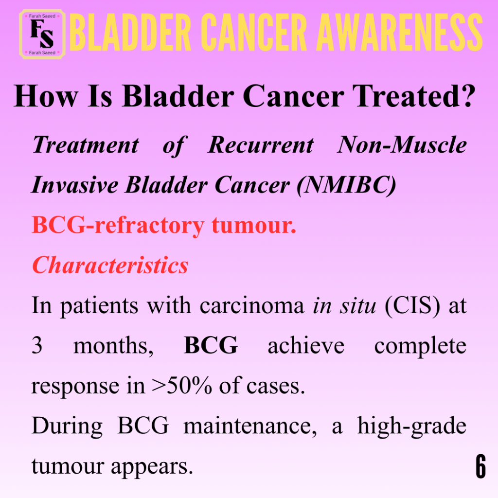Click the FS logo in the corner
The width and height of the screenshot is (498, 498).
click(x=42, y=35)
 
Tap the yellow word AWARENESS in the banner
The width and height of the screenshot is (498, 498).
click(x=400, y=33)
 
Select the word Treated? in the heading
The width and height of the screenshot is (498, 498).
click(x=414, y=96)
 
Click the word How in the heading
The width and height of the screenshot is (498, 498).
click(x=46, y=96)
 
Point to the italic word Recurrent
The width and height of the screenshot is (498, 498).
click(x=261, y=145)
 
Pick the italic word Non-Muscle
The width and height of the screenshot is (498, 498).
click(x=402, y=145)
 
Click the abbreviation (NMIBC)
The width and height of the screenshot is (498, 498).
click(x=346, y=185)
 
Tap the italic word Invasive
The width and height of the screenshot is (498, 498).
click(x=75, y=185)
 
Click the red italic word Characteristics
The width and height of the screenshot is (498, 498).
click(x=110, y=265)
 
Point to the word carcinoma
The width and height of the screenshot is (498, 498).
click(x=252, y=305)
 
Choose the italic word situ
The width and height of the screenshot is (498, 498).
click(x=357, y=305)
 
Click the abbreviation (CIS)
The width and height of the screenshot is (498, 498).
click(x=412, y=306)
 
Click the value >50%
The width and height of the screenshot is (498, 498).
click(x=182, y=386)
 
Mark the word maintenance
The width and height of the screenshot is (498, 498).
click(x=250, y=426)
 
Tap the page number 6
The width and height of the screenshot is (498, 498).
click(x=481, y=466)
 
